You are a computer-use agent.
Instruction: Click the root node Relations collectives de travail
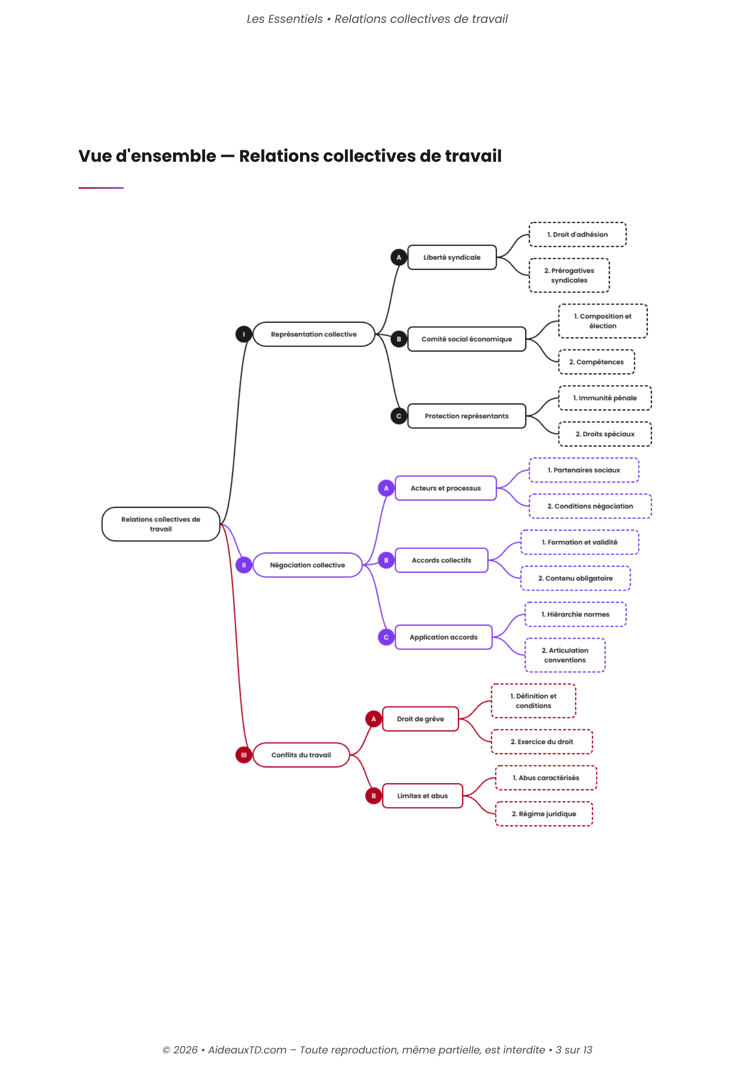click(160, 524)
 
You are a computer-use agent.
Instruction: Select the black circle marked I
click(243, 334)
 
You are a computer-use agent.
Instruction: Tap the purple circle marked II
click(243, 565)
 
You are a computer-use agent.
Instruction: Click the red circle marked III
click(243, 755)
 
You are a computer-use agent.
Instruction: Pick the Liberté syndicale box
click(452, 257)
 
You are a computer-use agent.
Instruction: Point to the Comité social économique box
click(467, 339)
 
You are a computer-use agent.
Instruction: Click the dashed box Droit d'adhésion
click(577, 234)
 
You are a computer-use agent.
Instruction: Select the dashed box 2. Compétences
click(597, 362)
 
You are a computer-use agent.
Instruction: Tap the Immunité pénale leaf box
click(605, 398)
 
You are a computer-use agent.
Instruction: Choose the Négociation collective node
click(307, 565)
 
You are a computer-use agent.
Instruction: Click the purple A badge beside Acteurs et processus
click(385, 488)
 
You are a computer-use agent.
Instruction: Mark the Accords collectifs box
click(441, 560)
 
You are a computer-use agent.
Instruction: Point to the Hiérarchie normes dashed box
click(575, 614)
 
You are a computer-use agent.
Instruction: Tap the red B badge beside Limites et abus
click(373, 796)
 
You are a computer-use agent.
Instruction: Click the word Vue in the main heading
click(95, 156)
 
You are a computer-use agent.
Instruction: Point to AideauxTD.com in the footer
click(247, 1050)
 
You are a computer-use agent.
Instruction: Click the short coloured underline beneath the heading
click(101, 188)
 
